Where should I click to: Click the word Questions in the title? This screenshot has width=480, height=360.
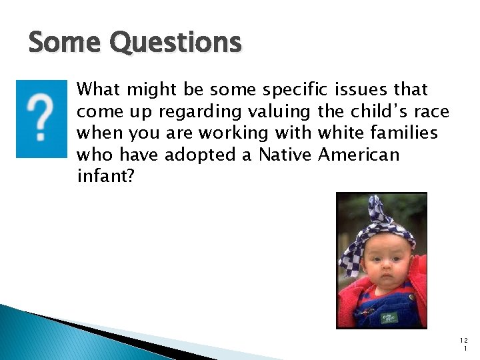tap(175, 43)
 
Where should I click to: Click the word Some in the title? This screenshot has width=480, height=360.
tap(65, 43)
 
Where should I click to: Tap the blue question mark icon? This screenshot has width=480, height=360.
tap(42, 119)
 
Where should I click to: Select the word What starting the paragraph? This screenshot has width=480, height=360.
tap(99, 90)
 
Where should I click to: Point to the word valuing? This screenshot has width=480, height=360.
tap(277, 112)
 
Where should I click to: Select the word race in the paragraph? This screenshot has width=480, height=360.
tap(431, 112)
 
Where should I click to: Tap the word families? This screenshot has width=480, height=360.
tap(406, 133)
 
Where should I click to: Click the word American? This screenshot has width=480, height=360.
tap(359, 155)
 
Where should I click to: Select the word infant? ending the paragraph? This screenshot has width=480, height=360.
tap(105, 177)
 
